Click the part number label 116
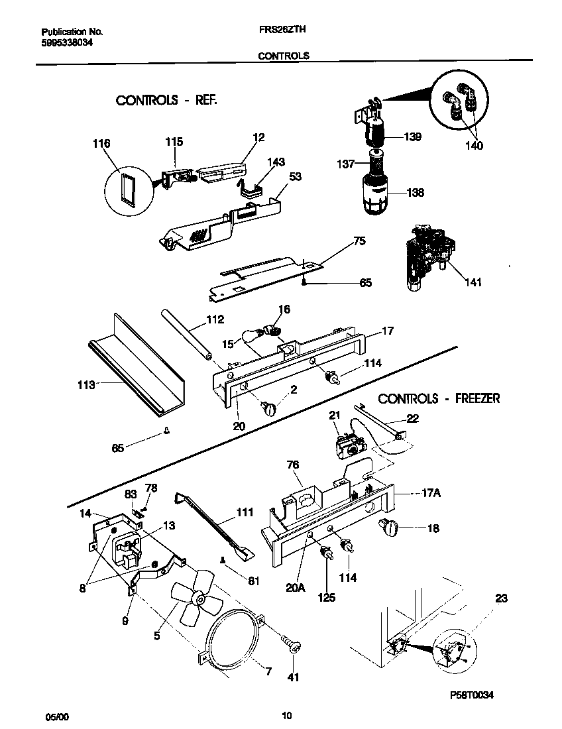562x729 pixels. point(101,144)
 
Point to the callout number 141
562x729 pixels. point(473,283)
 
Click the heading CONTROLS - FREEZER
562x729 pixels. point(439,398)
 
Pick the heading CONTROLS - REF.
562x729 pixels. point(166,100)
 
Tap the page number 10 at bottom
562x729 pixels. point(286,715)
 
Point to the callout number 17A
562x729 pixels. point(431,494)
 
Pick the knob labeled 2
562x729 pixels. point(270,409)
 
